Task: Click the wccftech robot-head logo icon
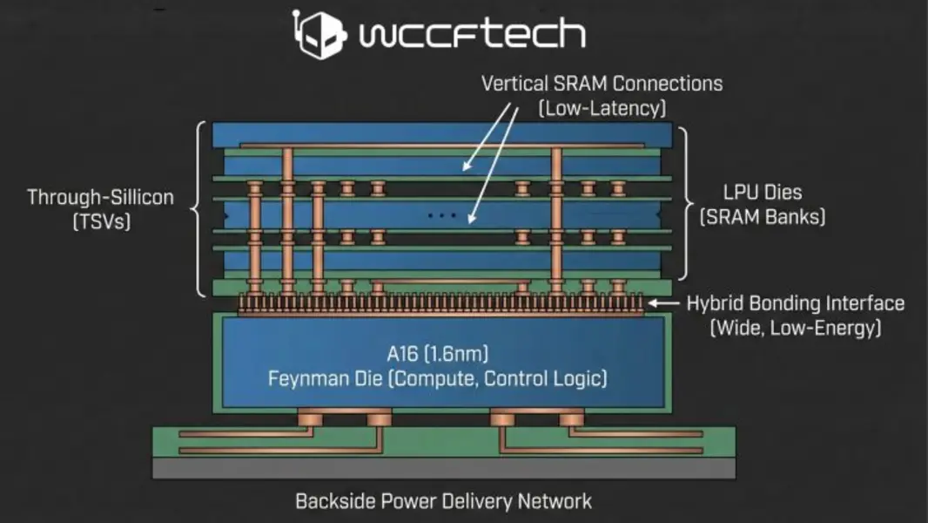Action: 319,35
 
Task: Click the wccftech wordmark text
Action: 471,35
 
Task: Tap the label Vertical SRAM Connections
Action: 602,84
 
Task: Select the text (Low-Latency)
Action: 602,108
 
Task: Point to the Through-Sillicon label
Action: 100,197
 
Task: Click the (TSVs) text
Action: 100,221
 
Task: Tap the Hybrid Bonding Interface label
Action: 796,303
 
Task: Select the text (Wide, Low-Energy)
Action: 796,329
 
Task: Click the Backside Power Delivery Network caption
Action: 443,501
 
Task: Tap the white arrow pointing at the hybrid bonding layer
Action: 665,303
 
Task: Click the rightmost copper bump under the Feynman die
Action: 570,419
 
